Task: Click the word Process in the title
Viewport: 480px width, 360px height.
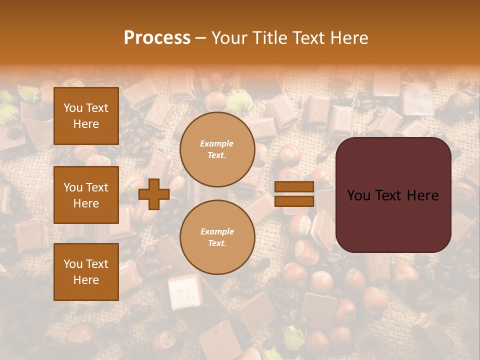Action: tap(157, 38)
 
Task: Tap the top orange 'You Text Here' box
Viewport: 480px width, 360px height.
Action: tap(86, 116)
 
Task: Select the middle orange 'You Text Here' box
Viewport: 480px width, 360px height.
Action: tap(86, 195)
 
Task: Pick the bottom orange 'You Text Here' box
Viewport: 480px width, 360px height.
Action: tap(86, 272)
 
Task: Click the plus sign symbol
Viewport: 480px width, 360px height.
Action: tap(154, 194)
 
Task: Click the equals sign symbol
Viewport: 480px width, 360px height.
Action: tap(294, 194)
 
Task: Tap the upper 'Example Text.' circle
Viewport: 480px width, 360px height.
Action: tap(217, 149)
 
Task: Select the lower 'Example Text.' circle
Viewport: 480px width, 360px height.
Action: tap(217, 237)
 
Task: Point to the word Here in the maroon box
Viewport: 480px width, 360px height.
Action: tap(422, 195)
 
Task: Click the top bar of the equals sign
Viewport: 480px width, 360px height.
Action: tap(294, 187)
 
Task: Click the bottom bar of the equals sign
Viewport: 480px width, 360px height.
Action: tap(294, 201)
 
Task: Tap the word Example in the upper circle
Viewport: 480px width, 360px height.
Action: tap(217, 144)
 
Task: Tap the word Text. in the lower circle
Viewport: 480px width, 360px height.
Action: tap(217, 243)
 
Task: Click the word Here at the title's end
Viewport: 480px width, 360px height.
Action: tap(349, 38)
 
